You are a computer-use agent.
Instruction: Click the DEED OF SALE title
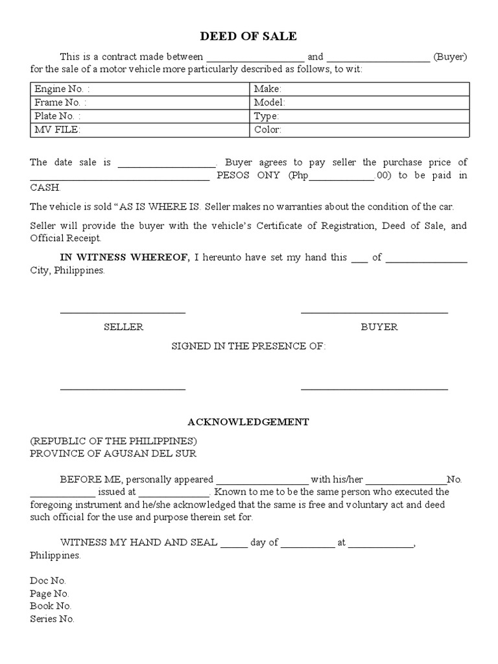(x=249, y=36)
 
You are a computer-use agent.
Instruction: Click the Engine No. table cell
(x=140, y=89)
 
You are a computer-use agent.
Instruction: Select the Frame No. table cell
(x=140, y=102)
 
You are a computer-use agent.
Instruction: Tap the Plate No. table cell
(x=140, y=116)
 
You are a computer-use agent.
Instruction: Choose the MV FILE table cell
(x=140, y=130)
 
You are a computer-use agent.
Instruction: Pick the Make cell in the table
(x=359, y=89)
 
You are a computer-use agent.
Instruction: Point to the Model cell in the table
(x=359, y=102)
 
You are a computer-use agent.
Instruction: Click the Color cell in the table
(x=359, y=130)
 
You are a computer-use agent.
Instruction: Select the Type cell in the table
(x=359, y=116)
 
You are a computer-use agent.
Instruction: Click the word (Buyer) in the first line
(x=451, y=56)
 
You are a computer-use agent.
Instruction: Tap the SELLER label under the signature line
(x=123, y=327)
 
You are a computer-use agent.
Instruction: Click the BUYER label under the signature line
(x=379, y=327)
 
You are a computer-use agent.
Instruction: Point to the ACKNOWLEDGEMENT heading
(x=248, y=422)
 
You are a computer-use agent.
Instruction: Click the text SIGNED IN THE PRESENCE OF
(x=248, y=346)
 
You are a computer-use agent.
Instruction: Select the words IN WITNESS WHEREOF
(x=124, y=257)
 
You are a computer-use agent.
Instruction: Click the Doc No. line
(x=48, y=581)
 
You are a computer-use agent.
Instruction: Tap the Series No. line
(x=52, y=619)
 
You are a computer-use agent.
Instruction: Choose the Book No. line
(x=50, y=606)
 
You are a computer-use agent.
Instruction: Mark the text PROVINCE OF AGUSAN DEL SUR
(x=113, y=454)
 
